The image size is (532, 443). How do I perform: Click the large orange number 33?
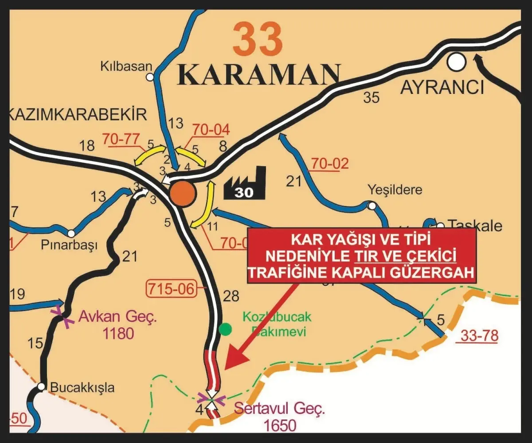tap(258, 39)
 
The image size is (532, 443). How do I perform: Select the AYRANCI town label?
tap(442, 88)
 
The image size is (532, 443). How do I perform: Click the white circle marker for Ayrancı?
tap(456, 62)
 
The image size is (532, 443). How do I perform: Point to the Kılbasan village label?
tap(126, 67)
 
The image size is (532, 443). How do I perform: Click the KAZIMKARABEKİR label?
tap(78, 115)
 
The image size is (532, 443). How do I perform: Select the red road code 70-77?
tap(119, 139)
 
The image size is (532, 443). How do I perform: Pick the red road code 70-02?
tap(329, 163)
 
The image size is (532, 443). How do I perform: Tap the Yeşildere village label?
tap(395, 190)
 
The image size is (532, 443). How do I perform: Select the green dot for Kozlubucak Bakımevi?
tap(226, 329)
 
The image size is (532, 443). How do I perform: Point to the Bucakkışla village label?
tap(82, 388)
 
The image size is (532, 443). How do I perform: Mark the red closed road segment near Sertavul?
tap(212, 368)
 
